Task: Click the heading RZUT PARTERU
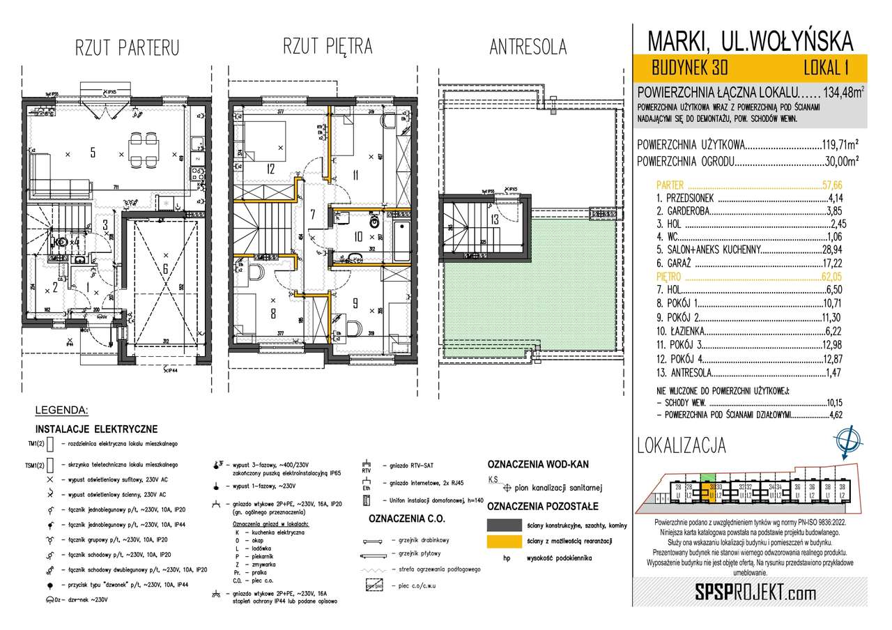128,48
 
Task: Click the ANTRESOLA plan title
528,47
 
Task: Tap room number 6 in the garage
165,268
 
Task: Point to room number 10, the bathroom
357,236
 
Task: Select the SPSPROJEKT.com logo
755,593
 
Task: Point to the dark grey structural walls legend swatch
504,525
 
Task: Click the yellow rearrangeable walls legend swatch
504,541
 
